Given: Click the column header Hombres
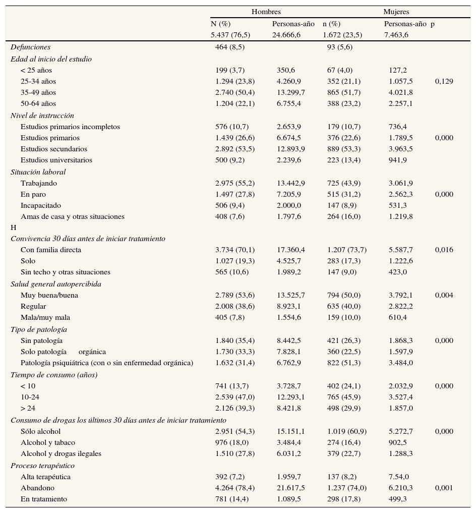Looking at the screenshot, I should click(266, 12).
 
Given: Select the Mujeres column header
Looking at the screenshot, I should click(396, 12).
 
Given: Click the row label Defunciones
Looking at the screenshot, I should click(30, 47).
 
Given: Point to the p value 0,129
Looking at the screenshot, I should click(444, 81).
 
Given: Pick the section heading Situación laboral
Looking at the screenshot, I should click(38, 172).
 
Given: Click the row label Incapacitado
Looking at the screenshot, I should click(41, 205).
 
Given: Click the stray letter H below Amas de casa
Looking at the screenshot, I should click(14, 227).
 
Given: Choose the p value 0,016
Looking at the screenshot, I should click(444, 250).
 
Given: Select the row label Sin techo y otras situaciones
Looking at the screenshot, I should click(66, 272).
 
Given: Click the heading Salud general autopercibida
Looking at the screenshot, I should click(56, 284).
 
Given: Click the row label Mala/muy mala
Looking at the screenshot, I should click(45, 317).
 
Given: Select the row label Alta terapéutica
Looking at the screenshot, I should click(45, 477).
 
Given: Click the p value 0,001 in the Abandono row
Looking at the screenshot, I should click(444, 488).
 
